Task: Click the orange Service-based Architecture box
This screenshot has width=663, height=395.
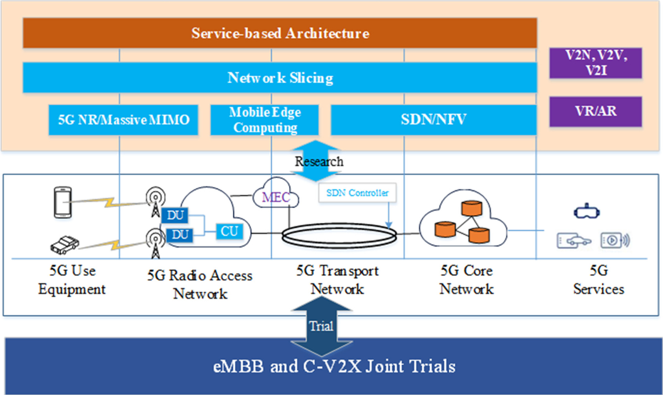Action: [x=280, y=33]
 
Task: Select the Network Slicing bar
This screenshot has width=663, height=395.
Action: [x=280, y=78]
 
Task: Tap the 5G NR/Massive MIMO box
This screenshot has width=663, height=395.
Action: [x=123, y=120]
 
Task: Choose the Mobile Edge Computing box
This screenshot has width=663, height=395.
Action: [x=265, y=120]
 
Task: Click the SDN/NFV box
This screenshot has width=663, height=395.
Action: [x=433, y=120]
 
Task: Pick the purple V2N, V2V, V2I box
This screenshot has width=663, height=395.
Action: [x=596, y=63]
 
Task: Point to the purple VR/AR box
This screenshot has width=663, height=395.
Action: [x=596, y=112]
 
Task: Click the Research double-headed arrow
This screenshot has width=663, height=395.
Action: [x=315, y=161]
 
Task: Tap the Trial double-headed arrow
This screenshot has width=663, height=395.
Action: [x=322, y=326]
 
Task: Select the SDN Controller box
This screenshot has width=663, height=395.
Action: [x=357, y=193]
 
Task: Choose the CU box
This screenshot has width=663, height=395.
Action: [x=230, y=231]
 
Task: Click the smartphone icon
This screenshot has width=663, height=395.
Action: [x=63, y=202]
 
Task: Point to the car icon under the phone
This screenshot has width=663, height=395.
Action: [x=65, y=245]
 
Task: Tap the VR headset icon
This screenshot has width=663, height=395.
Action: [x=587, y=212]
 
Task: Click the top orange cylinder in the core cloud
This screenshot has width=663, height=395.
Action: [x=472, y=208]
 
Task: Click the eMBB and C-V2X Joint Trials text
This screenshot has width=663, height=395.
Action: [x=334, y=366]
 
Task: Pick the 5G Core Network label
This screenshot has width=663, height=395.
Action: [x=466, y=280]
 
